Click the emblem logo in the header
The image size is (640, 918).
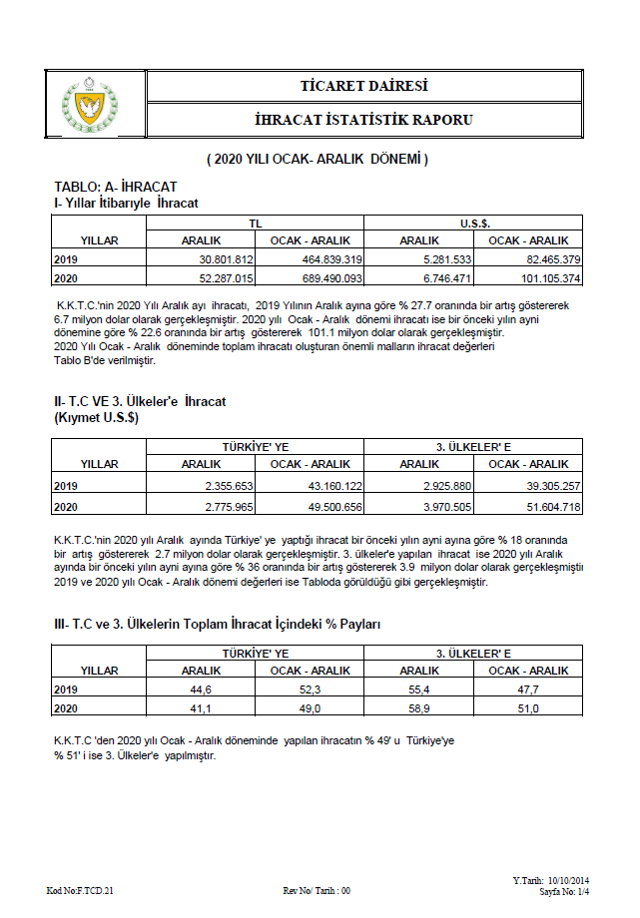96,102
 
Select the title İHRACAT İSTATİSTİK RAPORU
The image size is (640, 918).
363,120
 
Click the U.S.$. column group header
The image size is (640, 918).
473,225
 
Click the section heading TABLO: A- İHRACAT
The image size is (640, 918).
116,188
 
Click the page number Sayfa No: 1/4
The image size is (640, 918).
565,891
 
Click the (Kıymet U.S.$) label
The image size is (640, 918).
97,418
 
